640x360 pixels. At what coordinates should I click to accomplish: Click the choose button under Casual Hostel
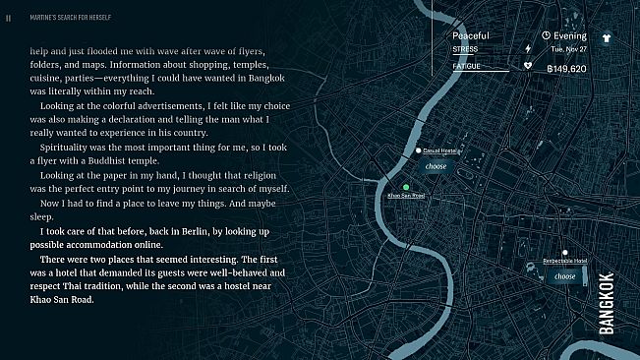pyautogui.click(x=436, y=167)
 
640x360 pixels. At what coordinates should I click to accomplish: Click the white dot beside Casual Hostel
pyautogui.click(x=418, y=150)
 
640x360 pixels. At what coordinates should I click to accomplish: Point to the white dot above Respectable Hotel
pyautogui.click(x=564, y=253)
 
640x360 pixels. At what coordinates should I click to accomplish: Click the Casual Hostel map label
pyautogui.click(x=440, y=150)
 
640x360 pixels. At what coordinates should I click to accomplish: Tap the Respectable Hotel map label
pyautogui.click(x=564, y=262)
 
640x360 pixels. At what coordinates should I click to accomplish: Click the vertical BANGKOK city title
pyautogui.click(x=607, y=304)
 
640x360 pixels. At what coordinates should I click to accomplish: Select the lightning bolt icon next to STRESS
pyautogui.click(x=528, y=48)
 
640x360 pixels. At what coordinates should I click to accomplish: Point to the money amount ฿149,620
pyautogui.click(x=566, y=70)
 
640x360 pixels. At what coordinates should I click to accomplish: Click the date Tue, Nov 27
pyautogui.click(x=568, y=48)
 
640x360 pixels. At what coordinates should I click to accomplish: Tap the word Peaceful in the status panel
pyautogui.click(x=470, y=35)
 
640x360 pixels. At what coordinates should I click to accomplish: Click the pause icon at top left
pyautogui.click(x=8, y=17)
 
